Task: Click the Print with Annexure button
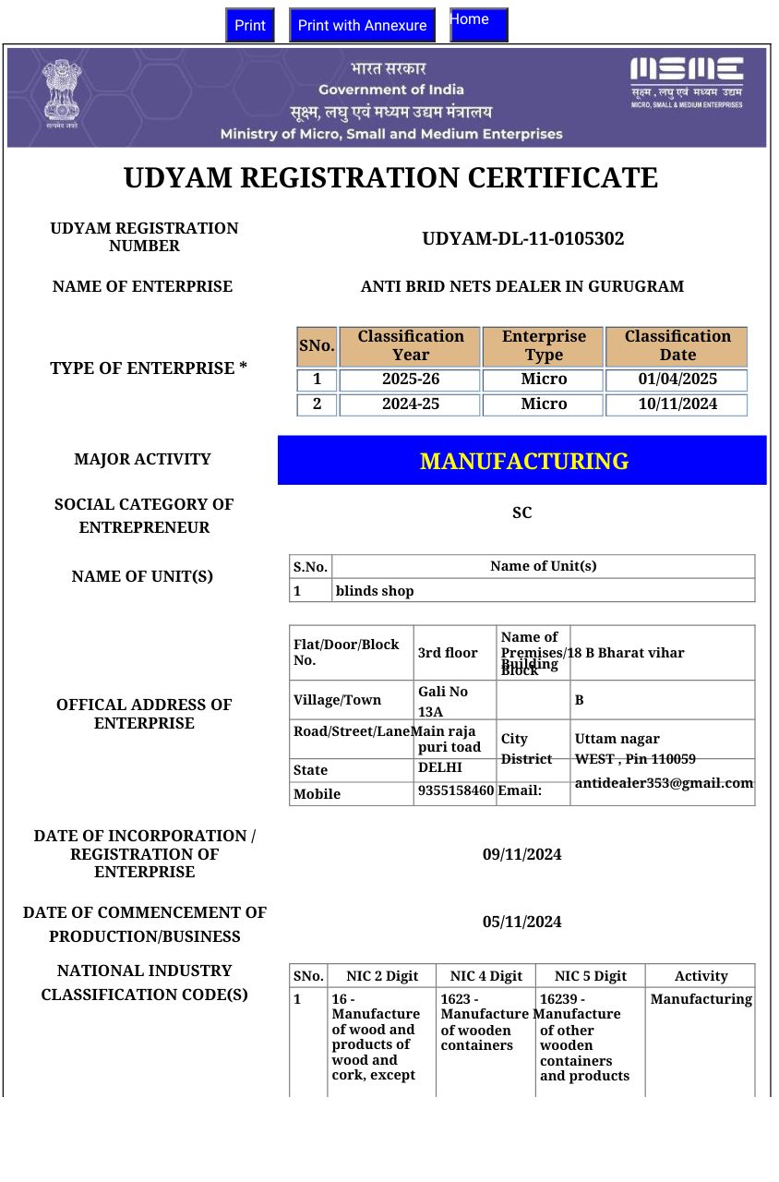click(x=362, y=25)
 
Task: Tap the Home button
click(x=478, y=24)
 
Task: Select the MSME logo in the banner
click(x=686, y=80)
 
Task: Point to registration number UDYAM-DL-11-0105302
click(x=522, y=239)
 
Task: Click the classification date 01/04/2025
click(x=677, y=380)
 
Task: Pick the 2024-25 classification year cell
click(x=410, y=404)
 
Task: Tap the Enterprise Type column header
click(x=543, y=345)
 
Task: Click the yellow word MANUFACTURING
click(x=523, y=461)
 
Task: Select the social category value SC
click(x=521, y=513)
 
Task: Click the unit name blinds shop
click(x=375, y=591)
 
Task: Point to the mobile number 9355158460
click(x=456, y=790)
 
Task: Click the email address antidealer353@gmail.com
click(x=664, y=783)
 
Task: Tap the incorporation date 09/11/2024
click(x=521, y=855)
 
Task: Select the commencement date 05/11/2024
click(x=521, y=923)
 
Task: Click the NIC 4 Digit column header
click(x=485, y=976)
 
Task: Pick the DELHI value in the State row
click(x=439, y=767)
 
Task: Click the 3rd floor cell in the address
click(x=448, y=653)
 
